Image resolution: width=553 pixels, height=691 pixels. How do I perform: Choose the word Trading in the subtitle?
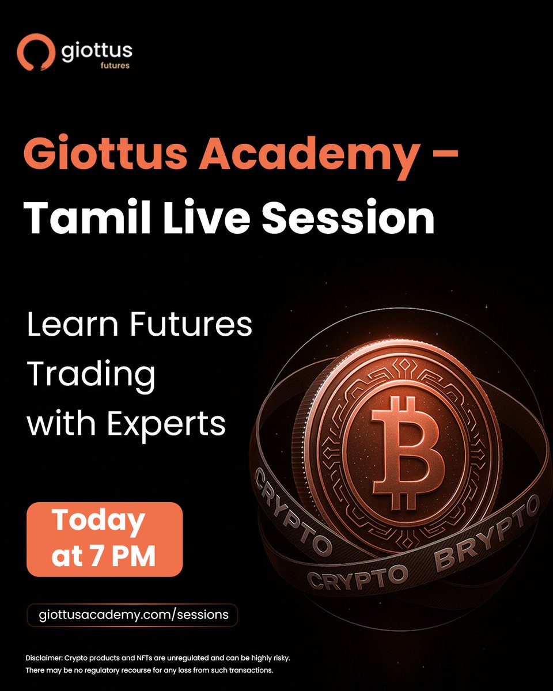(91, 375)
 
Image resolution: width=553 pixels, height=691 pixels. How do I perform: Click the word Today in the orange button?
(99, 521)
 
